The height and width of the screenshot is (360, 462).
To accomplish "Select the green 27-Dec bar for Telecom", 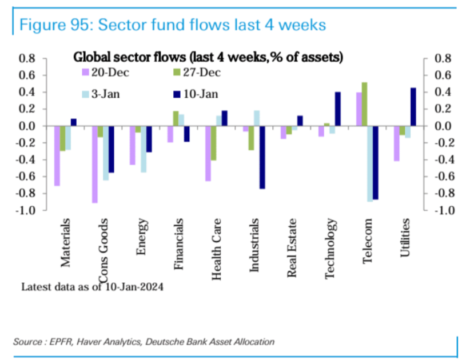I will click(x=364, y=104).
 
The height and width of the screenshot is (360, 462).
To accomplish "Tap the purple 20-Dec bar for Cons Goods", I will click(x=94, y=164).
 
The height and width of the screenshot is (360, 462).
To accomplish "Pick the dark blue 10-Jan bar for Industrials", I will click(x=262, y=157).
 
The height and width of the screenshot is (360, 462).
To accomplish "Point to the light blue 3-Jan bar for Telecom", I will click(x=370, y=163).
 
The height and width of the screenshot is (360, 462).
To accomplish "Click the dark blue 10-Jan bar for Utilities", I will click(x=413, y=107).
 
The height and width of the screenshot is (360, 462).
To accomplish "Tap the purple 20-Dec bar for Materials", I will click(x=57, y=155).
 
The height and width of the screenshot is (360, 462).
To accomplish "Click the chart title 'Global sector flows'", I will click(x=208, y=57).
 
